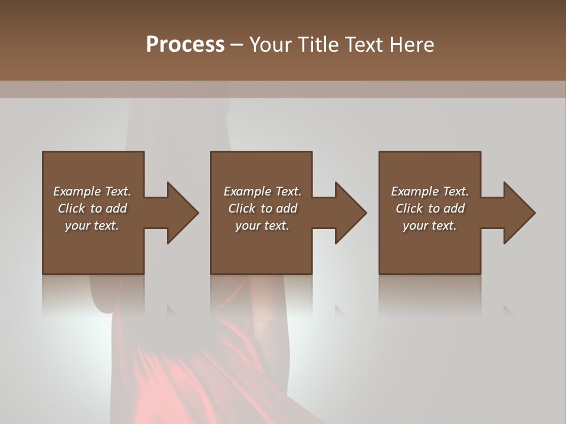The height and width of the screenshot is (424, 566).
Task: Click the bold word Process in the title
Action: pyautogui.click(x=185, y=45)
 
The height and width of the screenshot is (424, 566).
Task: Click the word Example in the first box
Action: pyautogui.click(x=77, y=191)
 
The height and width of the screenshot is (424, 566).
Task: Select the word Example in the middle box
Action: pyautogui.click(x=247, y=191)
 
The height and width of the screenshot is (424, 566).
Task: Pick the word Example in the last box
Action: pyautogui.click(x=414, y=191)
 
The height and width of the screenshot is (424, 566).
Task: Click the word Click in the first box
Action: pyautogui.click(x=71, y=208)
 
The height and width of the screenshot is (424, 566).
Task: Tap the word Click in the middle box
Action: pyautogui.click(x=242, y=208)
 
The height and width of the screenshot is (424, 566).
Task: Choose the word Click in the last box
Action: pyautogui.click(x=409, y=208)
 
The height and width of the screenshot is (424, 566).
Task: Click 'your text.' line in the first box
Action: pyautogui.click(x=92, y=226)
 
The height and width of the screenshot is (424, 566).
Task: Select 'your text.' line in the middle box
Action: pyautogui.click(x=262, y=226)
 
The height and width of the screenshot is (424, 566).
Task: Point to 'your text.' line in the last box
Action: pyautogui.click(x=430, y=226)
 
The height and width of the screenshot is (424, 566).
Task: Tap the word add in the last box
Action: pyautogui.click(x=454, y=208)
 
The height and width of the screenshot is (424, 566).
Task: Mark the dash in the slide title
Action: pyautogui.click(x=237, y=45)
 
